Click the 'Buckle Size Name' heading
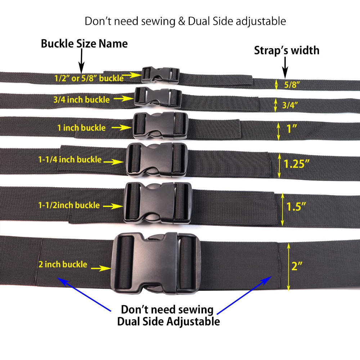[x=84, y=44]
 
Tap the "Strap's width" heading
[x=287, y=50]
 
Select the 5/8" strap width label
[x=292, y=85]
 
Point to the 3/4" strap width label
[x=290, y=105]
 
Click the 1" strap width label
[x=292, y=129]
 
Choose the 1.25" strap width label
[x=297, y=164]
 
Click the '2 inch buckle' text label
[x=63, y=265]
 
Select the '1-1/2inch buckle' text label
[x=69, y=205]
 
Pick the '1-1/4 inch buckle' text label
[x=70, y=159]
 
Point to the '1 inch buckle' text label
[x=81, y=128]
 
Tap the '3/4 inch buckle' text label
[x=81, y=100]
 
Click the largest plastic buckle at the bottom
[x=156, y=263]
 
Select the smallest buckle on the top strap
[x=160, y=75]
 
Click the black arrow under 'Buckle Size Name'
[x=81, y=61]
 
